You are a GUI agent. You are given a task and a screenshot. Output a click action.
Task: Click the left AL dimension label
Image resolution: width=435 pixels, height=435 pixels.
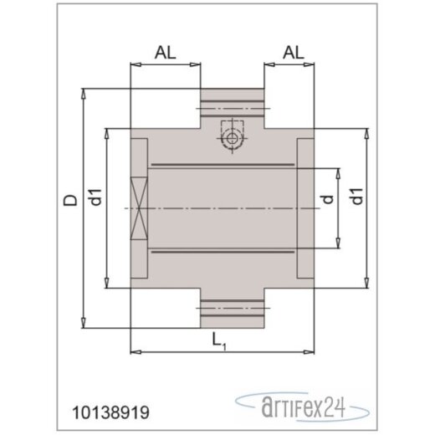pyautogui.click(x=166, y=52)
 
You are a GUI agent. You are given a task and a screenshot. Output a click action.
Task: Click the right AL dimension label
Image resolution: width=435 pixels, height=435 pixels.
pyautogui.click(x=294, y=52)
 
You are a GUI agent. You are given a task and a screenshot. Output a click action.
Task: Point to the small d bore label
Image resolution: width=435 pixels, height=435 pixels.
pyautogui.click(x=329, y=198)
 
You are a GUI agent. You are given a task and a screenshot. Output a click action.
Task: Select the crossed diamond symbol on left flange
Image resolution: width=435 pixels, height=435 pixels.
pyautogui.click(x=139, y=208)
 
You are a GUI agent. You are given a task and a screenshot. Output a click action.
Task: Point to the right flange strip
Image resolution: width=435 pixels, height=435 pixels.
pyautogui.click(x=306, y=208)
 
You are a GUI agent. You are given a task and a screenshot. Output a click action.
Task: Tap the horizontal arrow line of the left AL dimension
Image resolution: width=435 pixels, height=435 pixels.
pyautogui.click(x=166, y=64)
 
